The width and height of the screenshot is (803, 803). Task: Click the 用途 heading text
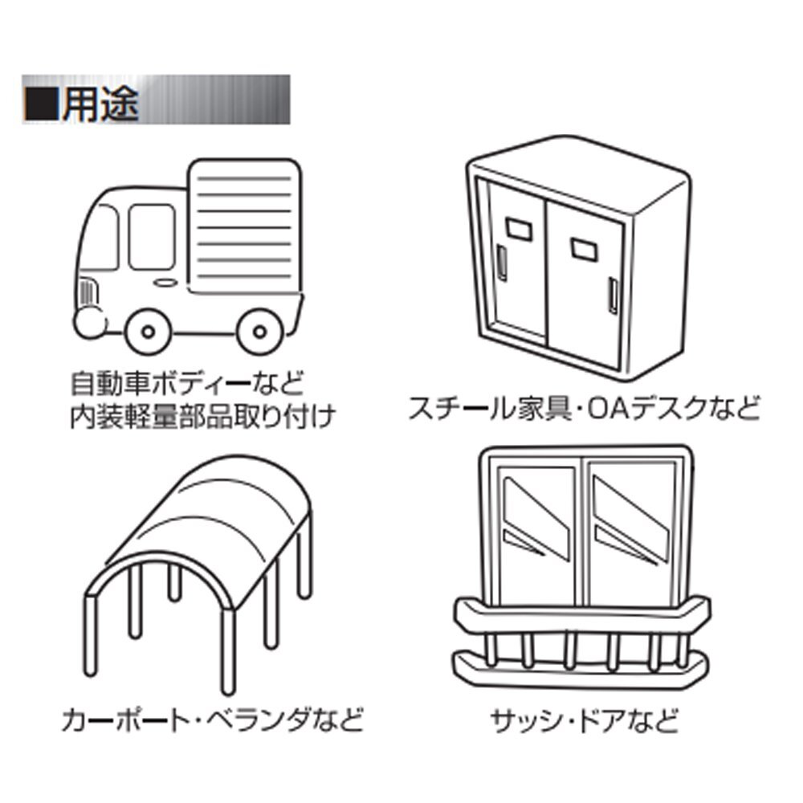tap(101, 101)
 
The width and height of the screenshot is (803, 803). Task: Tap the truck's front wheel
tap(149, 330)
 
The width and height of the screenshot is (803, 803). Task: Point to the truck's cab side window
tap(151, 236)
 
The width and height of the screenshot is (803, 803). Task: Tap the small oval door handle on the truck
tap(165, 283)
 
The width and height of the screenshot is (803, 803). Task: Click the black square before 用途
tap(42, 103)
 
